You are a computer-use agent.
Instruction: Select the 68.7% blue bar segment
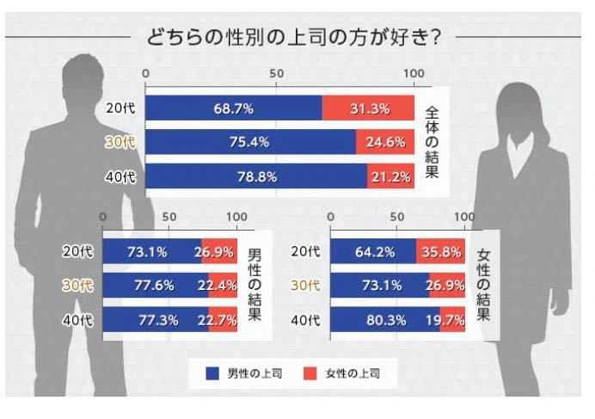[234, 109]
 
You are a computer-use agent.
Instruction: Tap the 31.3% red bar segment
[369, 109]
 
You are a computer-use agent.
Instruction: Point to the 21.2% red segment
[391, 176]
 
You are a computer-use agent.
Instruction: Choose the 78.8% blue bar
[256, 176]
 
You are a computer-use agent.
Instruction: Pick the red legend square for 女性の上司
[311, 373]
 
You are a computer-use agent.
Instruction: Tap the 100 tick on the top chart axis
[414, 73]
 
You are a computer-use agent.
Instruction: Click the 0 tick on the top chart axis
[145, 73]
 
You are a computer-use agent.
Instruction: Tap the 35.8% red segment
[441, 252]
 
